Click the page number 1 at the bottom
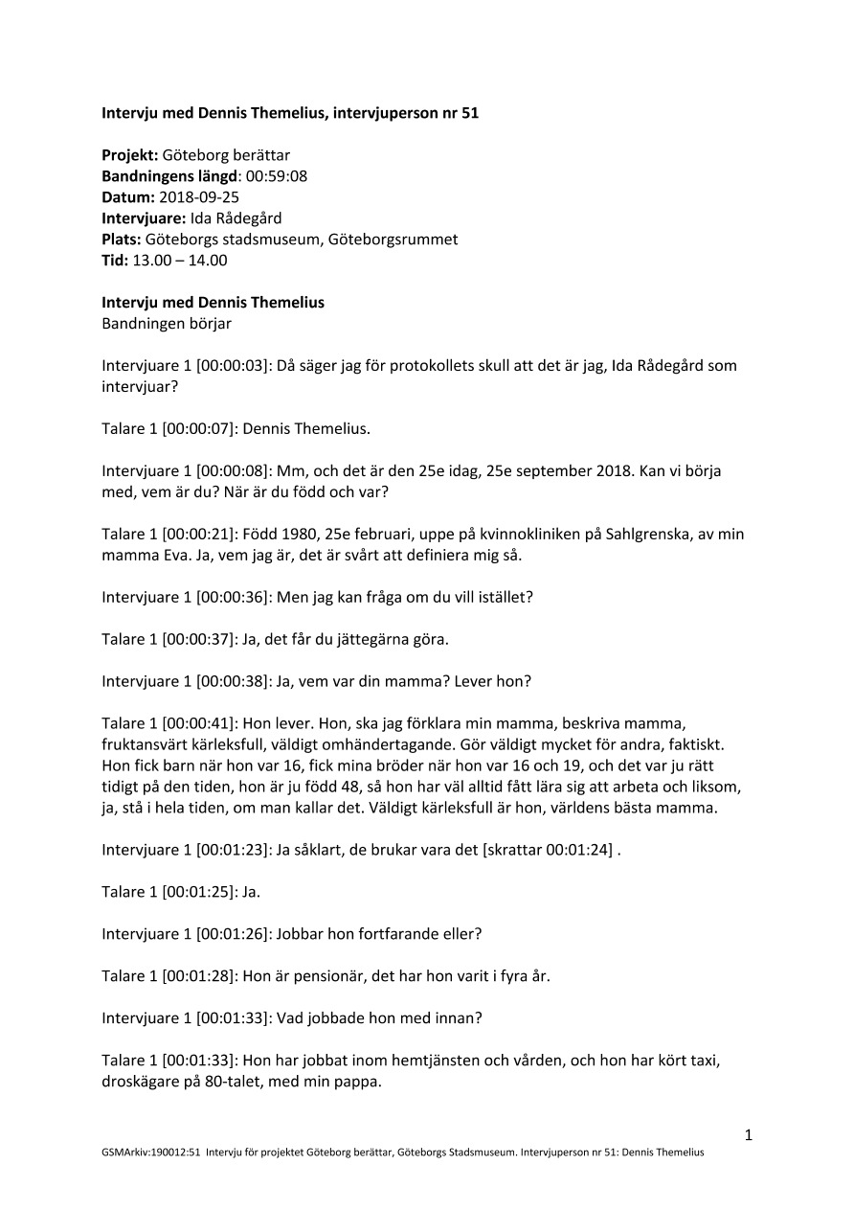tap(748, 1135)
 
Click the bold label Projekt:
tap(130, 155)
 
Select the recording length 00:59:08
tap(277, 176)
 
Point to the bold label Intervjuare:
tap(144, 218)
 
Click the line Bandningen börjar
tap(167, 323)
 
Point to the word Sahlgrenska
tap(646, 534)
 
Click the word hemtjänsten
tap(412, 1061)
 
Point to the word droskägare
tap(141, 1082)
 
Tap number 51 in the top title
tap(469, 113)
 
